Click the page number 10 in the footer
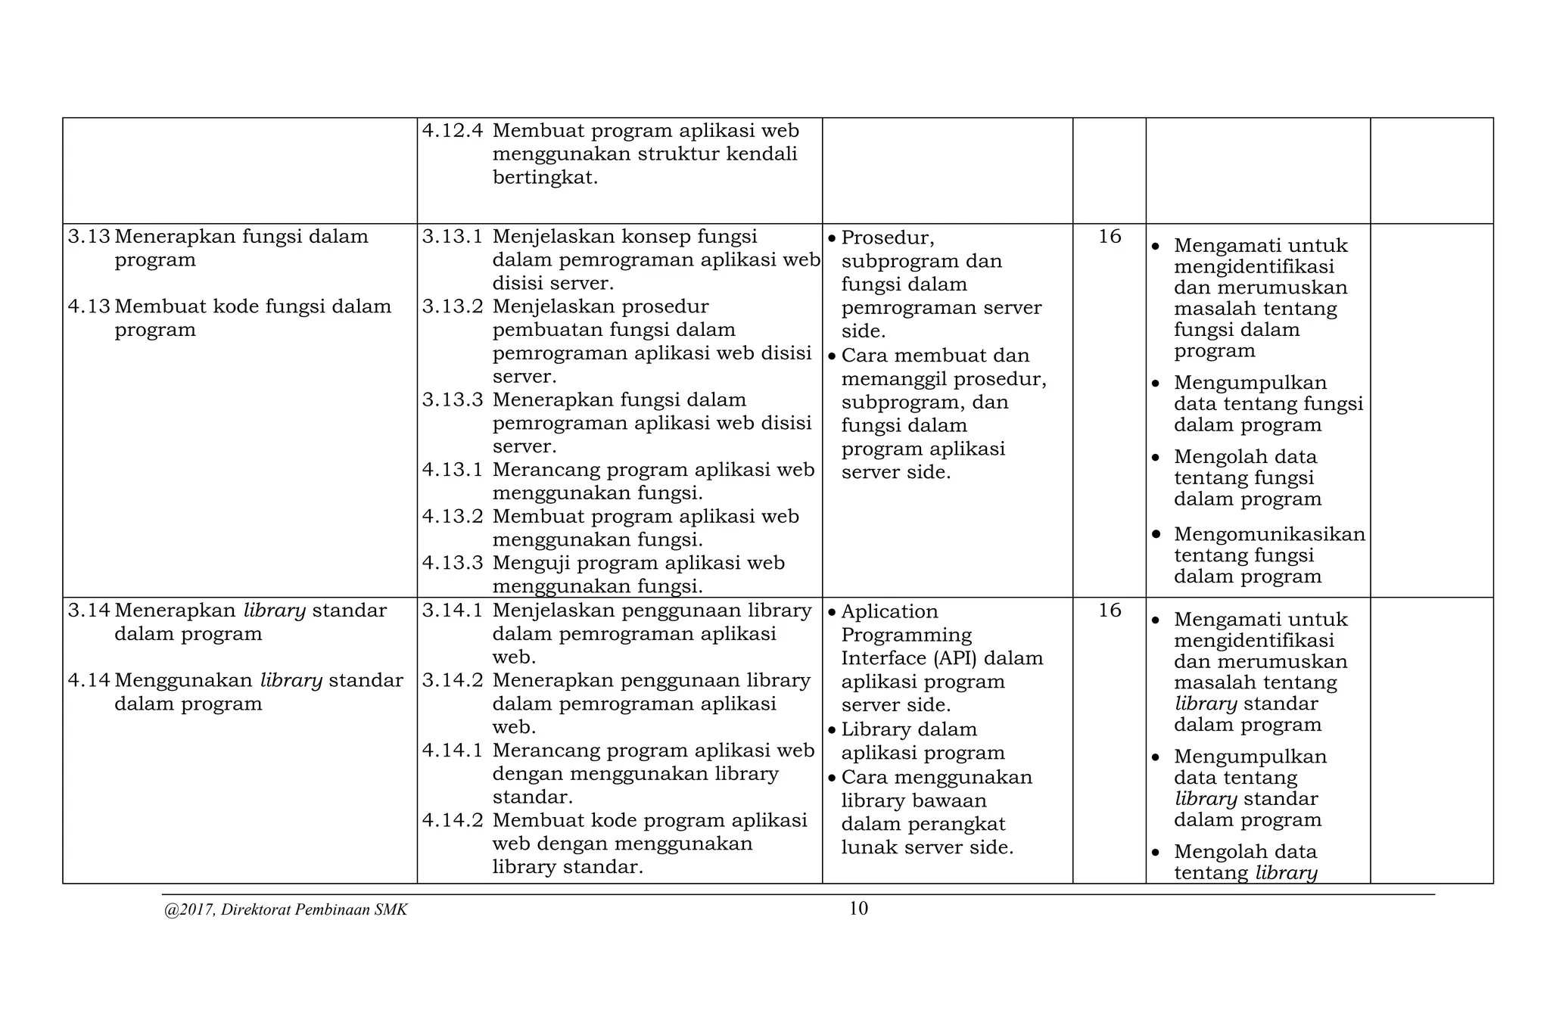(x=858, y=909)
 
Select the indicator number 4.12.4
(x=452, y=131)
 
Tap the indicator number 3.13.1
(x=452, y=237)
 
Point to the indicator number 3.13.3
(x=452, y=399)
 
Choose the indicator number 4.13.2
(x=452, y=516)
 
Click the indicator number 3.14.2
(x=452, y=680)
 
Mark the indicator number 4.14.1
(x=452, y=750)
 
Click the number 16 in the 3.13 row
(x=1110, y=237)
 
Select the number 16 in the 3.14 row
(x=1110, y=611)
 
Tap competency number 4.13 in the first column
(x=89, y=306)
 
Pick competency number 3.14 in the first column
(x=89, y=611)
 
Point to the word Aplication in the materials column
(x=889, y=611)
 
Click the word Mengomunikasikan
(x=1269, y=534)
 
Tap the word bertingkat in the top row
(x=545, y=179)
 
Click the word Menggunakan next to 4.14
(x=183, y=680)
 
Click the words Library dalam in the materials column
(x=909, y=729)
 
